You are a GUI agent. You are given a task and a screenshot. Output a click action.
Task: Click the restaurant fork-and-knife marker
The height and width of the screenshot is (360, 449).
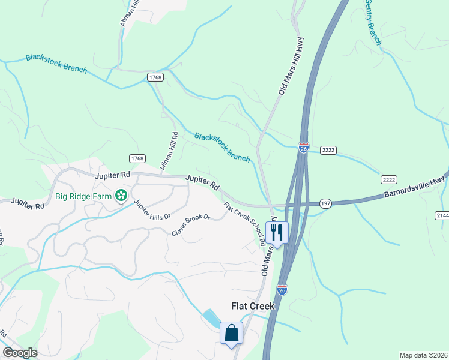(x=277, y=232)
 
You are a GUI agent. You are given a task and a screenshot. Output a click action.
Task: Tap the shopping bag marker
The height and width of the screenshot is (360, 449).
(x=231, y=332)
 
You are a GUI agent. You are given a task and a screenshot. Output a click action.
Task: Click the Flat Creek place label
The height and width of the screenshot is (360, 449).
(x=253, y=306)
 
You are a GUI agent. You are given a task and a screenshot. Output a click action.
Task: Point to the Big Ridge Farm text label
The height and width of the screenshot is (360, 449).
(x=83, y=196)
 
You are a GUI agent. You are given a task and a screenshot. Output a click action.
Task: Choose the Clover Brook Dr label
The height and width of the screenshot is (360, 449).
(x=191, y=225)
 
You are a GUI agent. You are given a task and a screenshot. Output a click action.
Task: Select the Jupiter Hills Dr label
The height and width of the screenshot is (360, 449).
(x=152, y=209)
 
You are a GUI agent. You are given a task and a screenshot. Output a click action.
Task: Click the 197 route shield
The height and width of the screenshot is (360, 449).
(x=325, y=203)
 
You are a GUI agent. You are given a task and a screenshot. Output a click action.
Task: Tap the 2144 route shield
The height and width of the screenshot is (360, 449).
(x=442, y=214)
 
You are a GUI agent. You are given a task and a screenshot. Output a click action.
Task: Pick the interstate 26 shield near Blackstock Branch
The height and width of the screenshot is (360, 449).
(x=304, y=148)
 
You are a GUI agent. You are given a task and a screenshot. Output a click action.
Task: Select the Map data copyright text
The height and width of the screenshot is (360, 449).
(x=423, y=355)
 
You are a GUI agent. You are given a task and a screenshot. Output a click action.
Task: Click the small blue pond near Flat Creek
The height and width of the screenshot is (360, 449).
(x=211, y=318)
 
